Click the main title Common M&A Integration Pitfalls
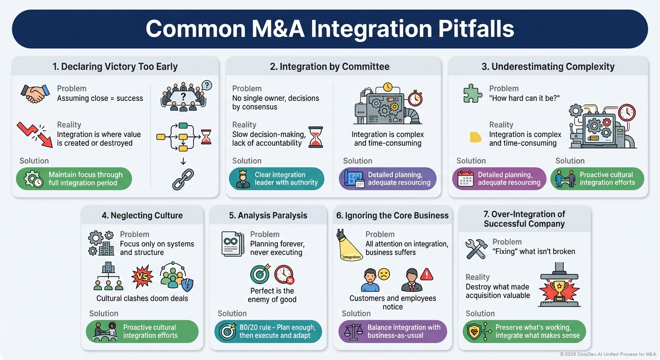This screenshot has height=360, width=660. (x=330, y=29)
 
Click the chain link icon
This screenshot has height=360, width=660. (x=183, y=180)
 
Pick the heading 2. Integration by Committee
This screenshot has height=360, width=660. (x=330, y=67)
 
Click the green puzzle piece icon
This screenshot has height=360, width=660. (x=472, y=93)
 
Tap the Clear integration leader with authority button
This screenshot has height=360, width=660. (x=277, y=179)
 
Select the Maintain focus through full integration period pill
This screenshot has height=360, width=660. (x=74, y=179)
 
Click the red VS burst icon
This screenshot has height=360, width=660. (x=142, y=277)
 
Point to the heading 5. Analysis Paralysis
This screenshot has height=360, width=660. (x=268, y=216)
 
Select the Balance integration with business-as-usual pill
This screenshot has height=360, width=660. (x=393, y=331)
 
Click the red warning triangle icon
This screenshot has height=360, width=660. (x=426, y=274)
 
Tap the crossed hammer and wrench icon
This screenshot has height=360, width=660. (x=476, y=248)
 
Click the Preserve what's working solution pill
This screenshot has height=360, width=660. (x=524, y=331)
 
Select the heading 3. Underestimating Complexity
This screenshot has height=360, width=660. (x=548, y=67)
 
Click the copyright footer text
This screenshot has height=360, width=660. (x=608, y=354)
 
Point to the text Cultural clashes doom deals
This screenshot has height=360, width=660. (x=142, y=299)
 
